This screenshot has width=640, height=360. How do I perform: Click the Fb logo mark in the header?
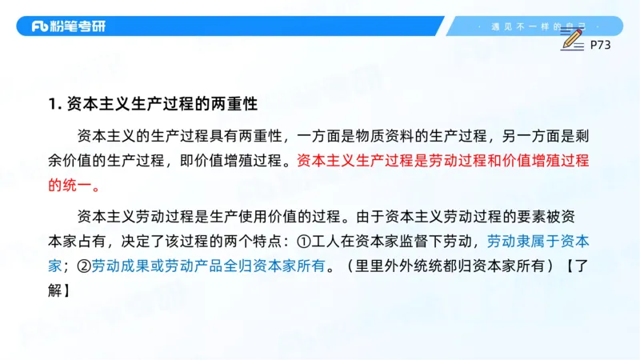click(40, 26)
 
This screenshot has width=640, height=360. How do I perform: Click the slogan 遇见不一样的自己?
click(540, 26)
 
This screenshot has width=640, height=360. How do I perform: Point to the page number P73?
click(600, 46)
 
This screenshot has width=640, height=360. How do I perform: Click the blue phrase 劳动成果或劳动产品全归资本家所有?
click(208, 267)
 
